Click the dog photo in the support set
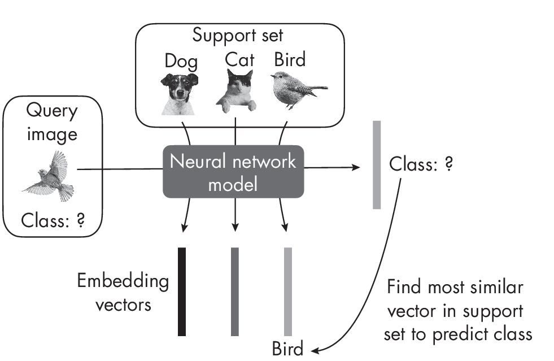pyautogui.click(x=173, y=90)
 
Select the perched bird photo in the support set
pyautogui.click(x=296, y=89)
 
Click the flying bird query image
pyautogui.click(x=48, y=174)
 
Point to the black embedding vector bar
pyautogui.click(x=182, y=291)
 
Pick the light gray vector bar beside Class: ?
pyautogui.click(x=377, y=164)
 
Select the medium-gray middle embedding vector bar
pyautogui.click(x=235, y=291)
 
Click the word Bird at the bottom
pyautogui.click(x=287, y=348)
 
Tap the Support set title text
pyautogui.click(x=238, y=35)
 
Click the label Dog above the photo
pyautogui.click(x=181, y=60)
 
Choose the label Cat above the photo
pyautogui.click(x=239, y=59)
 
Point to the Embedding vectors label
pyautogui.click(x=123, y=293)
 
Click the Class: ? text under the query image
pyautogui.click(x=53, y=221)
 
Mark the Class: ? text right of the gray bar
pyautogui.click(x=421, y=165)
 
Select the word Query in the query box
pyautogui.click(x=51, y=111)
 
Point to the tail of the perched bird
pyautogui.click(x=319, y=88)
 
